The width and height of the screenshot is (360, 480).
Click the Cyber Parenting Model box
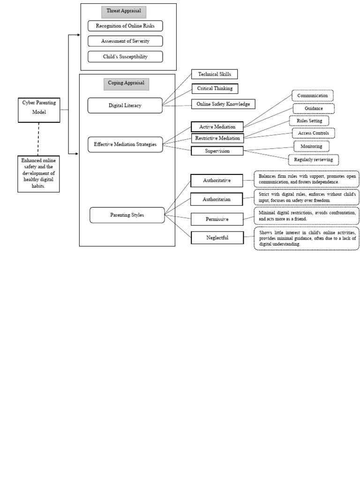pyautogui.click(x=39, y=110)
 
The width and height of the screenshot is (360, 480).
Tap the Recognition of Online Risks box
pyautogui.click(x=125, y=26)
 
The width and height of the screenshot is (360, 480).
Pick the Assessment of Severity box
pyautogui.click(x=125, y=41)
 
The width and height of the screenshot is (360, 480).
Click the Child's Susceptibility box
pyautogui.click(x=125, y=57)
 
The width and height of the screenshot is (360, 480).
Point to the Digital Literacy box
pyautogui.click(x=125, y=105)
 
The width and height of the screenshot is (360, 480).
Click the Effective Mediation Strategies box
pyautogui.click(x=125, y=144)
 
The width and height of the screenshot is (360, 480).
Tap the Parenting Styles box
pyautogui.click(x=127, y=215)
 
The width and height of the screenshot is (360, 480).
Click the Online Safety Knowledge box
pyautogui.click(x=223, y=104)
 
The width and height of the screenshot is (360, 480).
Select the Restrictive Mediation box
pyautogui.click(x=217, y=138)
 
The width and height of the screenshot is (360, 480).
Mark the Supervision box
pyautogui.click(x=217, y=151)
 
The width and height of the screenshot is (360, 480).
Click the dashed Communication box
pyautogui.click(x=312, y=96)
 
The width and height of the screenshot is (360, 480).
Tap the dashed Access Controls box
pyautogui.click(x=313, y=133)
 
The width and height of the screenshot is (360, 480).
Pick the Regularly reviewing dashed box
pyautogui.click(x=313, y=160)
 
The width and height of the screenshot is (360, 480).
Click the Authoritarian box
pyautogui.click(x=217, y=199)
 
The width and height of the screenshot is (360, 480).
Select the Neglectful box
pyautogui.click(x=217, y=238)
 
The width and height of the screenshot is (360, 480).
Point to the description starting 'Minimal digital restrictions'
pyautogui.click(x=307, y=216)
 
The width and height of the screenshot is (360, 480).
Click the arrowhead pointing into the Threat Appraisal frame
pyautogui.click(x=78, y=35)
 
